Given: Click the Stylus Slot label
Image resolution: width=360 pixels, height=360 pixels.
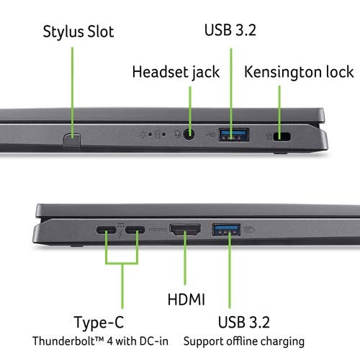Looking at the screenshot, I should click(x=78, y=32).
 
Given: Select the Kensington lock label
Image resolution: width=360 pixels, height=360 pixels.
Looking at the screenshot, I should click(x=299, y=72).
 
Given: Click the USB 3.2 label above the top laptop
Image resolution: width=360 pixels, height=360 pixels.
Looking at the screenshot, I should click(x=230, y=32).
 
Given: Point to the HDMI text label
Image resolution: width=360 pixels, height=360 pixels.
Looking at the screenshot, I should click(x=186, y=298).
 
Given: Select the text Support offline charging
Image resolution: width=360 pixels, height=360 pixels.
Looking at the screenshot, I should click(x=244, y=341).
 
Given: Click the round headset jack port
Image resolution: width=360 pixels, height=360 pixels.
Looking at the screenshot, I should click(x=190, y=134).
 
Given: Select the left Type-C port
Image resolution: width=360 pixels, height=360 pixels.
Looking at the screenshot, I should click(x=106, y=232).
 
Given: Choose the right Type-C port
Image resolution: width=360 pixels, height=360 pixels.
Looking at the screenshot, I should click(x=135, y=232).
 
